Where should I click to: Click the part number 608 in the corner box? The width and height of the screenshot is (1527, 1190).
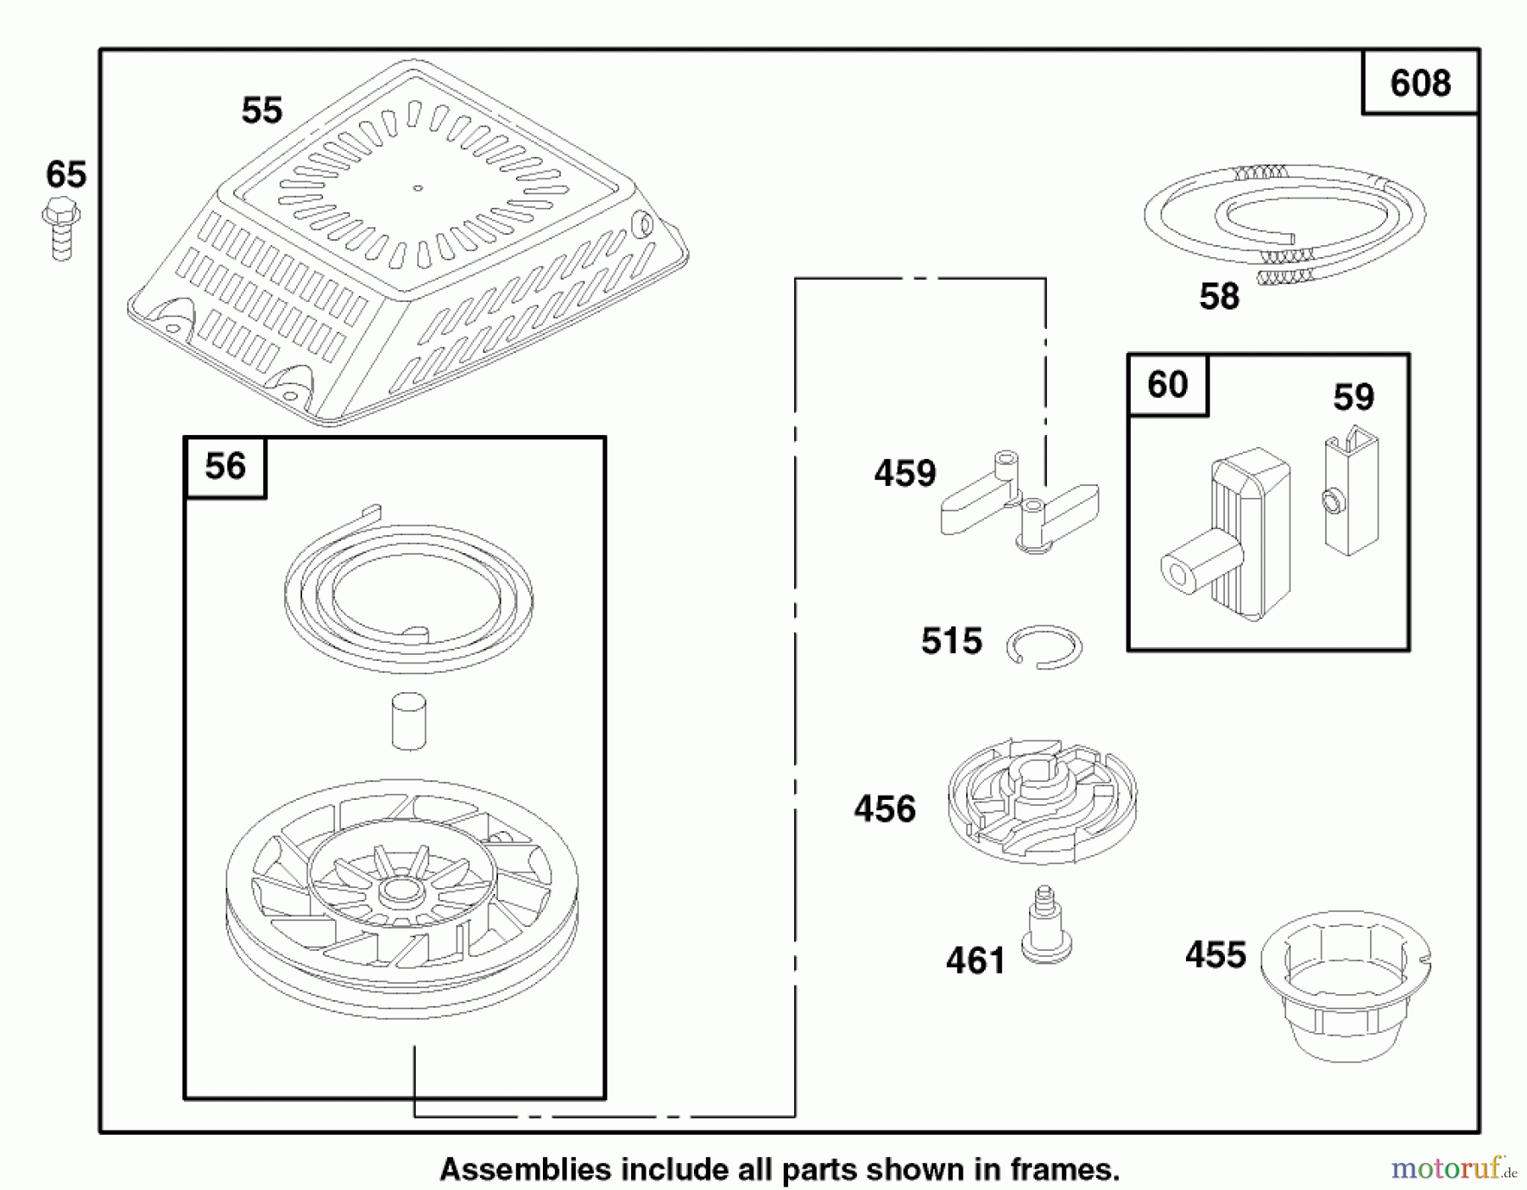pos(1420,83)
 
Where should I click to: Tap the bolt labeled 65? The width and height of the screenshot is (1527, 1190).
pos(61,228)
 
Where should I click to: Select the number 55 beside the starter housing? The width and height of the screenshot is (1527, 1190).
pos(261,110)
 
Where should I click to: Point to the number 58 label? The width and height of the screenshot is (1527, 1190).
pos(1219,297)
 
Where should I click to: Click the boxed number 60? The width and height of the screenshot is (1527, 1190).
pos(1167,384)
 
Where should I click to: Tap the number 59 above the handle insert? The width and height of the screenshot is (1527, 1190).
pos(1353,397)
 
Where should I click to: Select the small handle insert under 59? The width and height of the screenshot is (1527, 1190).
pos(1351,491)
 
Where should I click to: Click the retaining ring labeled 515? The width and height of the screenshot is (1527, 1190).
pos(1044,647)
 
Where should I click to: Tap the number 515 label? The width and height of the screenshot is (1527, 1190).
pos(952,641)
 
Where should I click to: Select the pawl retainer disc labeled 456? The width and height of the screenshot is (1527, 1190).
pos(1043,802)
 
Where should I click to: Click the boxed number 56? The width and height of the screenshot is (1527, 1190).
pos(225,466)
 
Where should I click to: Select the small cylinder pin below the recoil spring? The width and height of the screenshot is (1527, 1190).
pos(409,721)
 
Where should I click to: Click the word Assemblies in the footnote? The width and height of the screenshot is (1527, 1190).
pos(526,1170)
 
